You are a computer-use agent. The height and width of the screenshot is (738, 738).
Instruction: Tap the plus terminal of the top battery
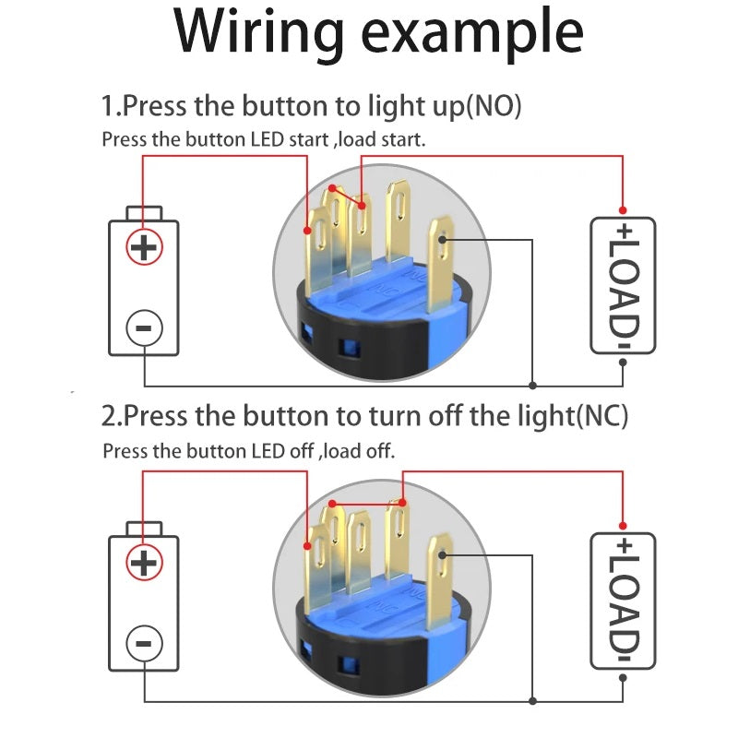[144, 246]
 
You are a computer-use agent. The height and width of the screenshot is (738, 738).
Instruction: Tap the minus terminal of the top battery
[144, 327]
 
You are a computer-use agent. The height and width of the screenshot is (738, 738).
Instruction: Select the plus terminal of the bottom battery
[144, 562]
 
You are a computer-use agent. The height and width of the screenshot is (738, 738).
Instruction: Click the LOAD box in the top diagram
[624, 285]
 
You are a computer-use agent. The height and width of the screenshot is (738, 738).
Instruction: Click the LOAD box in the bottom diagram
[624, 601]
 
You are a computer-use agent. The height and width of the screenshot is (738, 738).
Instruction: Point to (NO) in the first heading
[494, 106]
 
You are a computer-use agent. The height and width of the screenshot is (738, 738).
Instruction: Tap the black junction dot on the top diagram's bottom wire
[533, 384]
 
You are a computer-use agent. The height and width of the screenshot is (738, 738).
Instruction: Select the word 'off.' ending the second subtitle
[379, 452]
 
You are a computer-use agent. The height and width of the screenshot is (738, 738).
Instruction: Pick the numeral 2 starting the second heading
[110, 416]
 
